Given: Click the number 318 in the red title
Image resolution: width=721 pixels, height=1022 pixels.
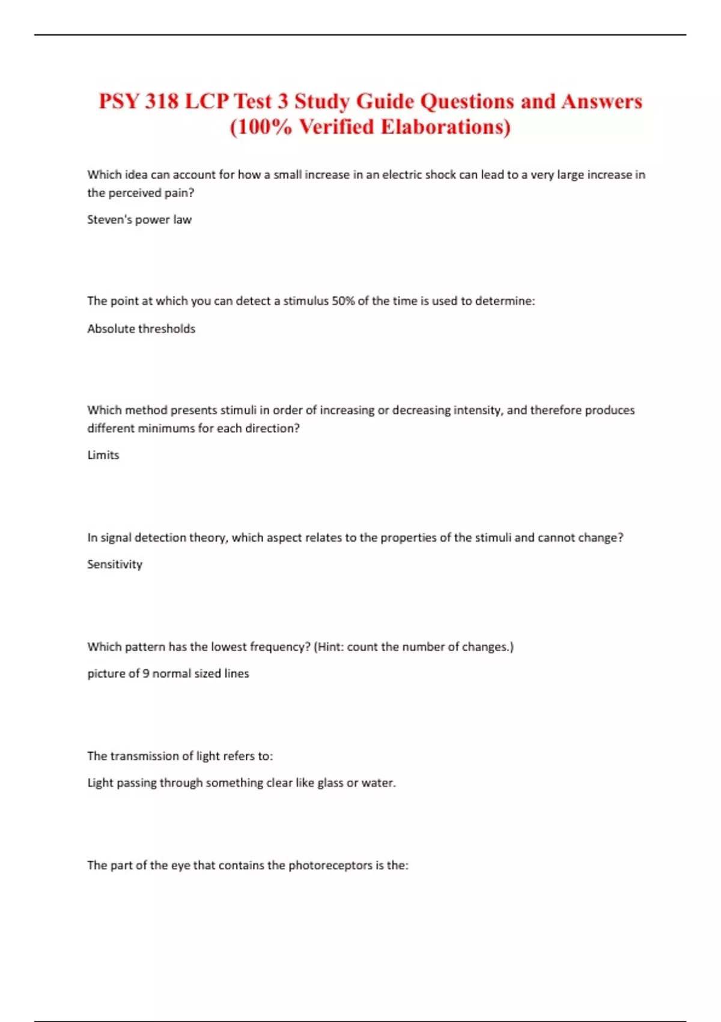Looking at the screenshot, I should click(x=161, y=101).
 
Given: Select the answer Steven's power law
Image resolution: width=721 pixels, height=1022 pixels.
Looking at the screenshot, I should click(x=139, y=219).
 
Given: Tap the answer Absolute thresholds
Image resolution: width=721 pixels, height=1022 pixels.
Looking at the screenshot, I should click(x=141, y=329).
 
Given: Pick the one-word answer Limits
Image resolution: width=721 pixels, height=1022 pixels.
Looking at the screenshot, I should click(x=103, y=455).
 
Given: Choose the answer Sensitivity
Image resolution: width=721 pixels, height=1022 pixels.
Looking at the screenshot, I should click(x=115, y=565).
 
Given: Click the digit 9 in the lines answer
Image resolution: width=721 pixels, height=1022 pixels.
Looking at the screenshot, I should click(x=146, y=674).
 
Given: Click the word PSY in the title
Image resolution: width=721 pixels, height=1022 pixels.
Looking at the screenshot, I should click(x=118, y=101).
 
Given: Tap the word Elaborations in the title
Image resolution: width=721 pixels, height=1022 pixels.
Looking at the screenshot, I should click(x=446, y=127).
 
